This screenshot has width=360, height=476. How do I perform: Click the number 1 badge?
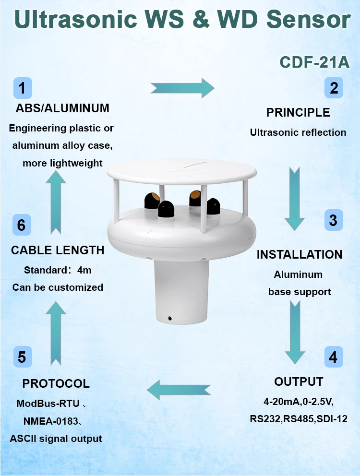click(23, 88)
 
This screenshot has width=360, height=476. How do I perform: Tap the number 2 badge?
click(334, 88)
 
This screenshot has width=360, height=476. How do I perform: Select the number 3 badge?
click(333, 220)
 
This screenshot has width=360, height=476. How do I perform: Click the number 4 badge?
click(333, 357)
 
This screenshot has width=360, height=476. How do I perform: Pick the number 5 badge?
click(23, 357)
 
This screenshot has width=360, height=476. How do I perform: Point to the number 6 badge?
click(22, 225)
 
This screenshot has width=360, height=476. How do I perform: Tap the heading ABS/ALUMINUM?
click(62, 108)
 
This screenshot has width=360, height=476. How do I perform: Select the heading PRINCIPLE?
click(298, 113)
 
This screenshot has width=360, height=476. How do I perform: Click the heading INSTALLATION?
click(300, 254)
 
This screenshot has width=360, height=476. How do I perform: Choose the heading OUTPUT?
click(299, 382)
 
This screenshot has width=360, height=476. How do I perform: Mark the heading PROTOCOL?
click(56, 384)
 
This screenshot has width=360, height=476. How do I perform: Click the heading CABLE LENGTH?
click(58, 250)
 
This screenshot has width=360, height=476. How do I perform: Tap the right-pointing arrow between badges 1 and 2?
click(182, 88)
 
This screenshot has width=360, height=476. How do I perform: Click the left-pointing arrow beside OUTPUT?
click(179, 389)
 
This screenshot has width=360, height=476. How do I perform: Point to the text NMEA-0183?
click(50, 421)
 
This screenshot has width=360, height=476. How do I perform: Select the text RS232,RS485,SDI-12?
click(299, 418)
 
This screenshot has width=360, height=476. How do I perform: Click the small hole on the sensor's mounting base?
click(170, 318)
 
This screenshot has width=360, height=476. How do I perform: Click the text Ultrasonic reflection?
click(298, 132)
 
